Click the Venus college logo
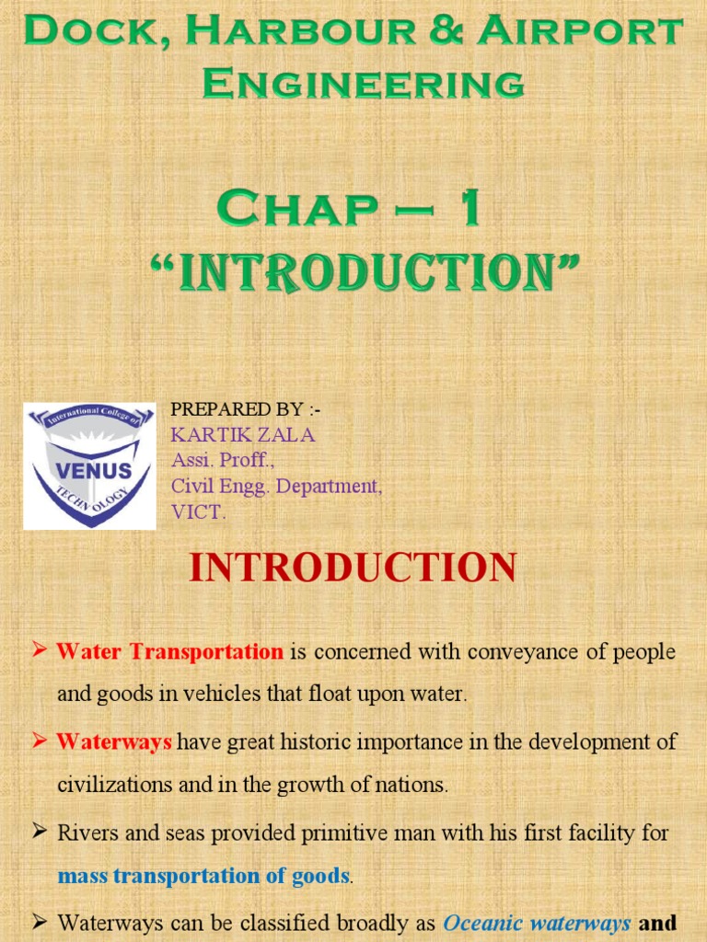89,465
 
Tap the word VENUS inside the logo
89,469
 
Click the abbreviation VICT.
198,512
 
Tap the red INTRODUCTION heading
353,568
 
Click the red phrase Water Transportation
170,652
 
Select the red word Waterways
114,742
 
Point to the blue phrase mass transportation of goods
203,875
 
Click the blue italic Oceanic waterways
538,921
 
